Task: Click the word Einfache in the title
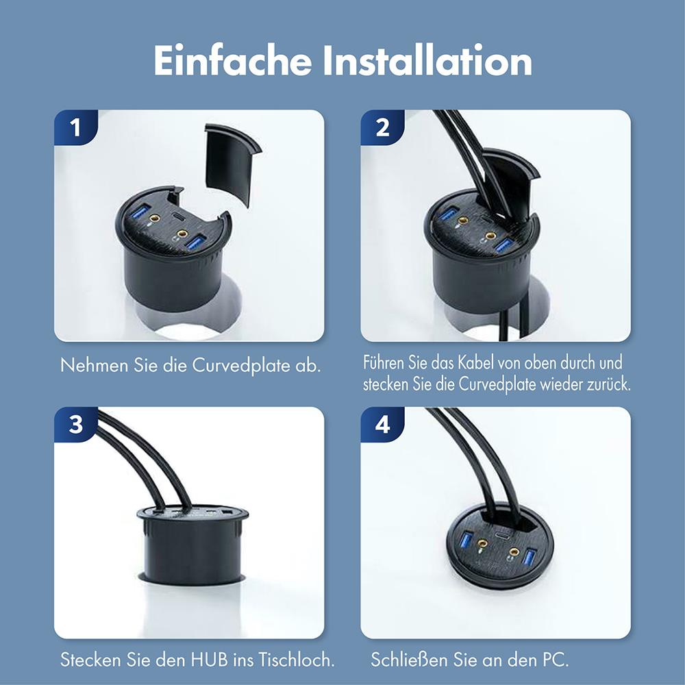click(232, 61)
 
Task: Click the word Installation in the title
click(428, 61)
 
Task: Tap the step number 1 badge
click(76, 127)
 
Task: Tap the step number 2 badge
click(382, 127)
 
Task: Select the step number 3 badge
click(76, 424)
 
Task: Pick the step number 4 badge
click(382, 424)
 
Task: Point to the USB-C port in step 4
click(500, 536)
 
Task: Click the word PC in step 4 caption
click(555, 660)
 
